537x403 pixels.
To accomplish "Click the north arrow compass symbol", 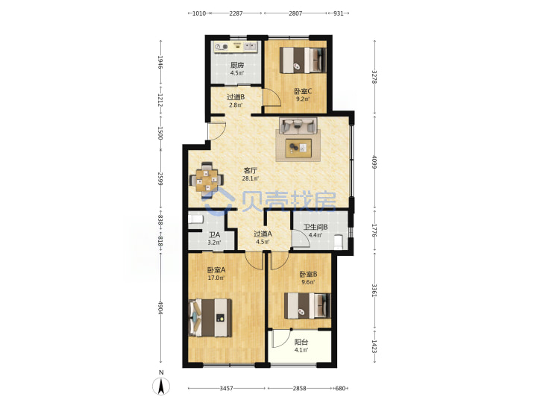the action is (x=161, y=386).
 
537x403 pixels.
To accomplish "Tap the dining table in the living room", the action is (x=207, y=181).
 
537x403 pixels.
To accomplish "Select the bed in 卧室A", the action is (x=210, y=318).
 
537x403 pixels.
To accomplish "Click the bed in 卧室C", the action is (x=303, y=60).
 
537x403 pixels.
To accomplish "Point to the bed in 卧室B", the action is (x=307, y=306).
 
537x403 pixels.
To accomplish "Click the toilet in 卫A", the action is (x=196, y=219).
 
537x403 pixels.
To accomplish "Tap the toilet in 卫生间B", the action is (x=339, y=242).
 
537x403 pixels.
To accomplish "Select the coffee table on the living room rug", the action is (x=298, y=148).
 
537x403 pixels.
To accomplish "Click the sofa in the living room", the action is (x=298, y=126).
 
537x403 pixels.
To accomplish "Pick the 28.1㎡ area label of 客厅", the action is (x=251, y=178).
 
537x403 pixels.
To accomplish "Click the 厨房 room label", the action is (x=237, y=65).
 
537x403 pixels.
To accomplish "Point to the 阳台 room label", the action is (x=301, y=342).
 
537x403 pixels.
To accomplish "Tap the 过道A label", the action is (x=263, y=234).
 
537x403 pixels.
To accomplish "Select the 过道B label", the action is (x=236, y=97).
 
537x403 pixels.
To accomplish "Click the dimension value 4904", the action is (x=160, y=307).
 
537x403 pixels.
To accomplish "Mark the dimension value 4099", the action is (x=374, y=162).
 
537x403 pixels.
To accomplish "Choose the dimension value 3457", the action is (x=227, y=388).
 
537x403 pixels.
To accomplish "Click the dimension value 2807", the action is (x=295, y=13).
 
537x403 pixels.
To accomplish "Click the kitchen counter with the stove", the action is (x=236, y=47).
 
